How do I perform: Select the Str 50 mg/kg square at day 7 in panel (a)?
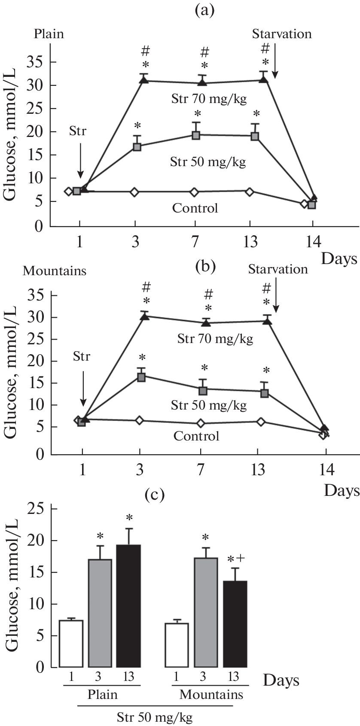click(x=196, y=135)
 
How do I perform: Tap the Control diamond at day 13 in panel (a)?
click(x=250, y=191)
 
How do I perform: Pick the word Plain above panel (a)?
click(x=49, y=34)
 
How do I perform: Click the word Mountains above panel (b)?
click(x=55, y=271)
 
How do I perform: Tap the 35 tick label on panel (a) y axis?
click(x=37, y=62)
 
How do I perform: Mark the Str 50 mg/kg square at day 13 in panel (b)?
click(x=265, y=393)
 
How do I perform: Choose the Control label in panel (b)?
click(x=196, y=436)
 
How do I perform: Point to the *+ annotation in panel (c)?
click(x=236, y=559)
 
